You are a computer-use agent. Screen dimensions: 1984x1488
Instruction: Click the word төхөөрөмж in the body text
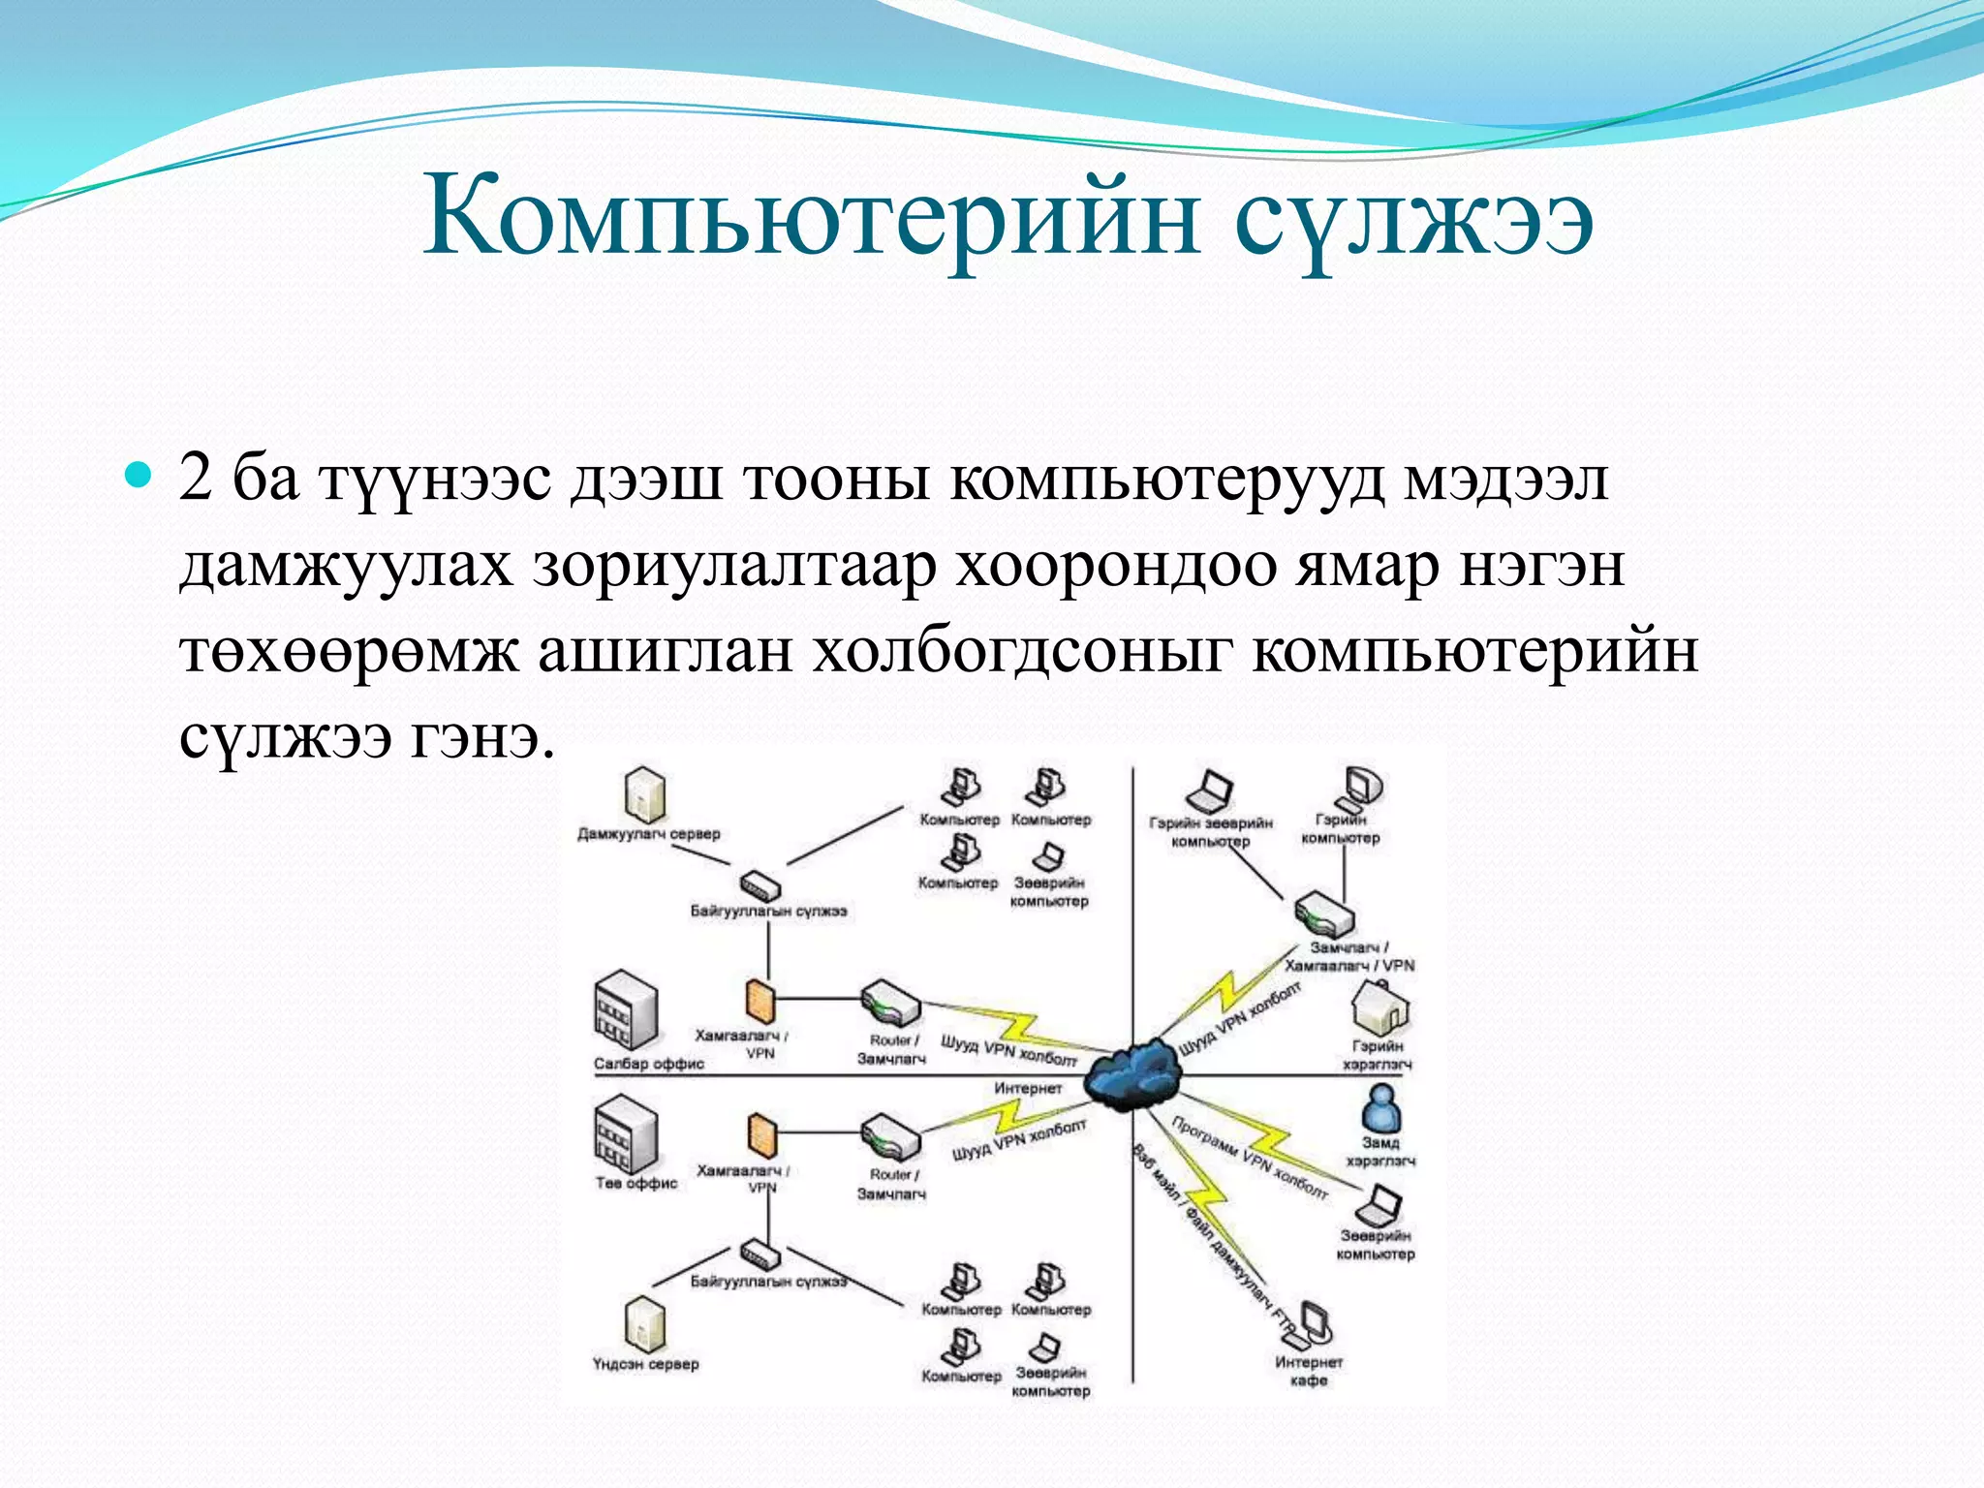(349, 652)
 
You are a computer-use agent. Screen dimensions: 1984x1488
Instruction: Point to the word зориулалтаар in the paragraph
(734, 567)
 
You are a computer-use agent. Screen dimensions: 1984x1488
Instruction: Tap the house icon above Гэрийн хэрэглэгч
(1379, 1007)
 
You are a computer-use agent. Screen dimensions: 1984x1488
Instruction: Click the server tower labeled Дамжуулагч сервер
(645, 795)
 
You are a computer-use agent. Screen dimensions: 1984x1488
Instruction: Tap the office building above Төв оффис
(625, 1133)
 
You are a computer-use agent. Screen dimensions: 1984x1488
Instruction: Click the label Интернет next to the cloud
(1027, 1089)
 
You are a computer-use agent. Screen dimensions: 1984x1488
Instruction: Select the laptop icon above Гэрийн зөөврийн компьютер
(1210, 792)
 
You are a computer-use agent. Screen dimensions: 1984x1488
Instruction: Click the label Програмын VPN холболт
(1250, 1158)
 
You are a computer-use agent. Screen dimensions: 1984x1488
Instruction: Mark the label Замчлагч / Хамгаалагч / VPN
(1349, 956)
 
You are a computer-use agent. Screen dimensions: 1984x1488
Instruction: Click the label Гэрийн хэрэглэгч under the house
(1378, 1055)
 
